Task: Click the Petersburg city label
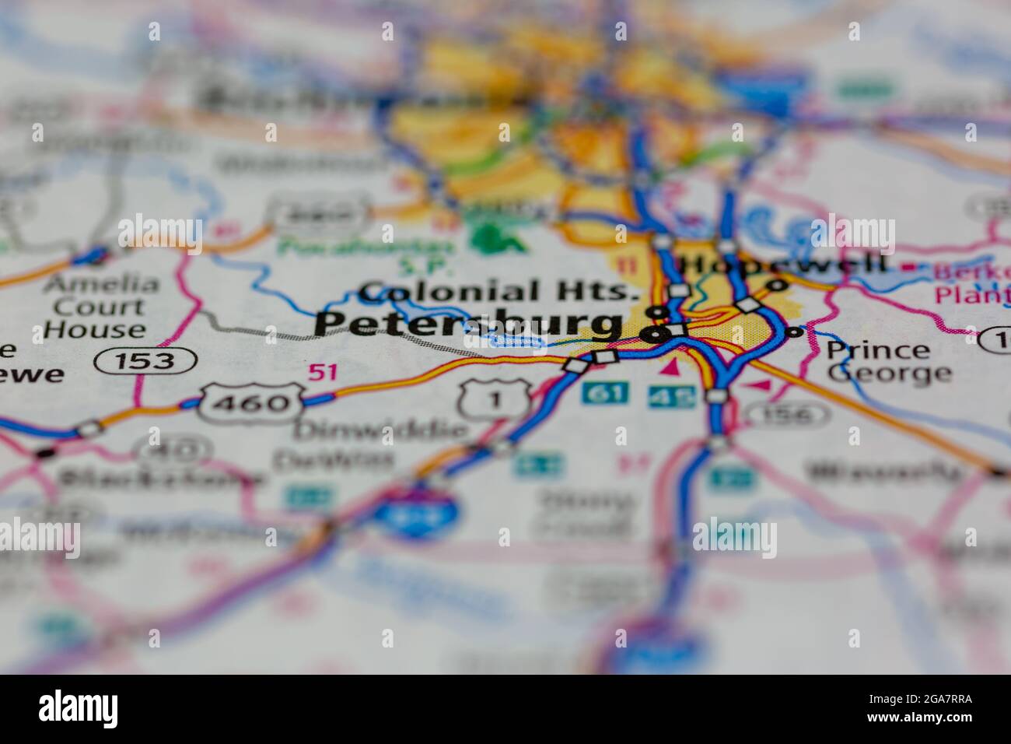click(469, 324)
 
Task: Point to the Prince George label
click(888, 362)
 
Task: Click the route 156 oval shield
click(793, 414)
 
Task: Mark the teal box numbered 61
click(604, 393)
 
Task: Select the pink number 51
click(322, 373)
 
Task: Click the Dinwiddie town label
click(380, 429)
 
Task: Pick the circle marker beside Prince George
click(794, 332)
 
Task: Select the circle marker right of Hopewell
click(775, 286)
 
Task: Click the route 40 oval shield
click(173, 449)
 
